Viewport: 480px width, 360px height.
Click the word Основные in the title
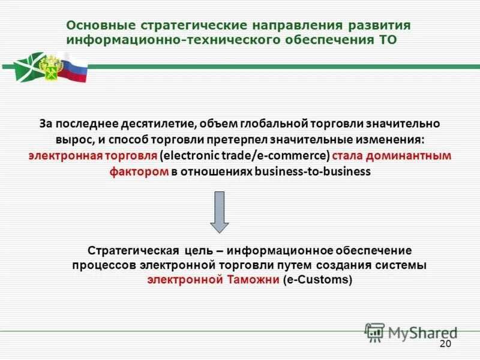101,26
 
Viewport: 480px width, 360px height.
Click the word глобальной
273,124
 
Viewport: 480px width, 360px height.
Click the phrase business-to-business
313,172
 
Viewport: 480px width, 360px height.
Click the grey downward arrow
219,212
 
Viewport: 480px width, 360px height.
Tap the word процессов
104,265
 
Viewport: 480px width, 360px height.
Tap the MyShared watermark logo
411,332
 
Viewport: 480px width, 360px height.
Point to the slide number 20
445,344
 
